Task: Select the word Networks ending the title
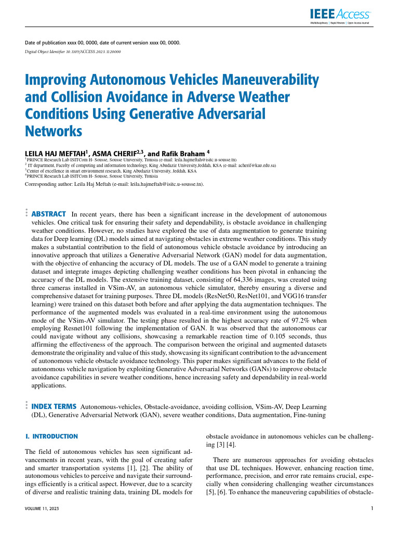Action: coord(54,131)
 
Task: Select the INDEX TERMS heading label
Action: coord(55,406)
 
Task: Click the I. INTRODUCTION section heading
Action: coord(51,436)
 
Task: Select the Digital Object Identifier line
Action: coord(73,52)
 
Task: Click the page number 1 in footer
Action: coord(372,509)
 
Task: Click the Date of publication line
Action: coord(103,42)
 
